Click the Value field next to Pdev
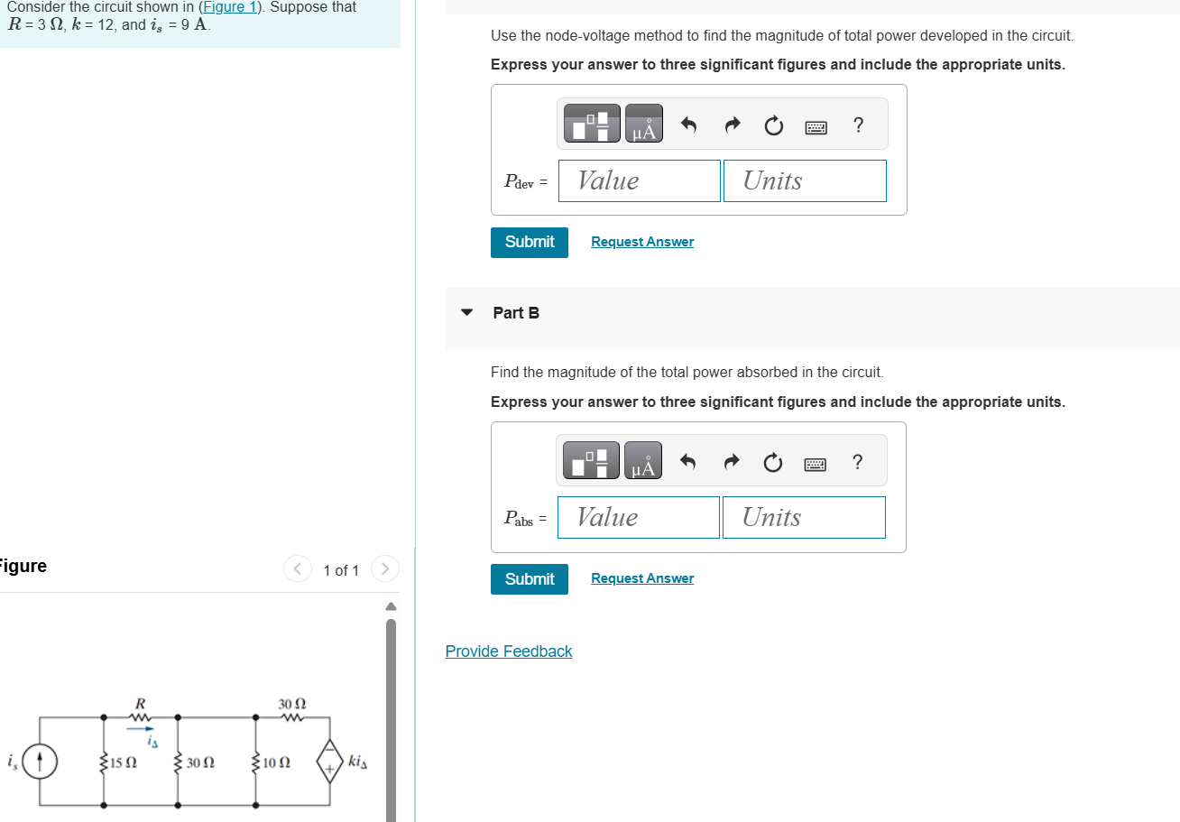[639, 180]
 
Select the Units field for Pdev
[804, 180]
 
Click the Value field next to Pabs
[638, 517]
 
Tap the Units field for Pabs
[803, 517]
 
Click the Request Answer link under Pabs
[641, 578]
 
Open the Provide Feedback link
[508, 651]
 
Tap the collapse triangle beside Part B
[466, 313]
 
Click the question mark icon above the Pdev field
[858, 125]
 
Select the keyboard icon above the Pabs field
[815, 464]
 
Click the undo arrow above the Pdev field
[688, 126]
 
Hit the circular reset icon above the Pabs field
[772, 464]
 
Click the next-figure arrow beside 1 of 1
[384, 569]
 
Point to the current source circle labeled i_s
[39, 762]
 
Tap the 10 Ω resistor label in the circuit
[276, 762]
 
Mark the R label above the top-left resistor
[140, 703]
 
